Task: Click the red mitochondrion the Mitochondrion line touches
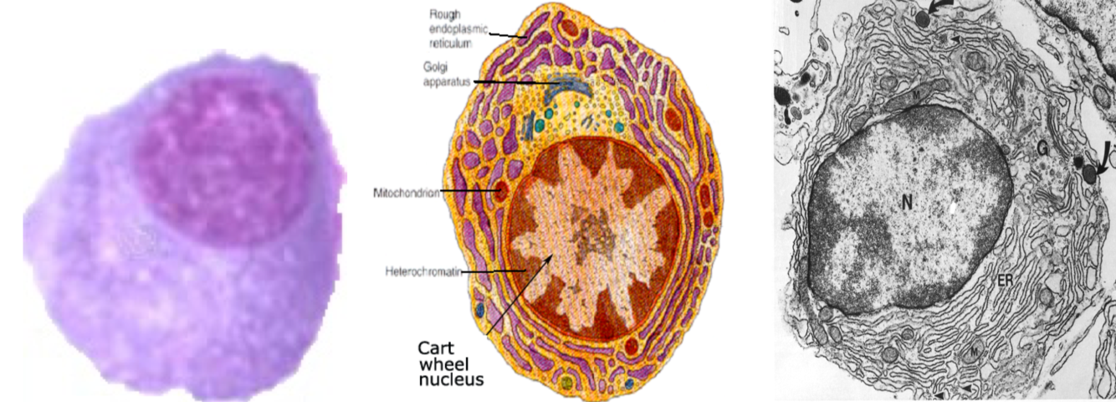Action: click(x=501, y=194)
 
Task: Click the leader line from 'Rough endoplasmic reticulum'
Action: click(x=506, y=35)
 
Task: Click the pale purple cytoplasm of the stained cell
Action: click(x=167, y=318)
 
